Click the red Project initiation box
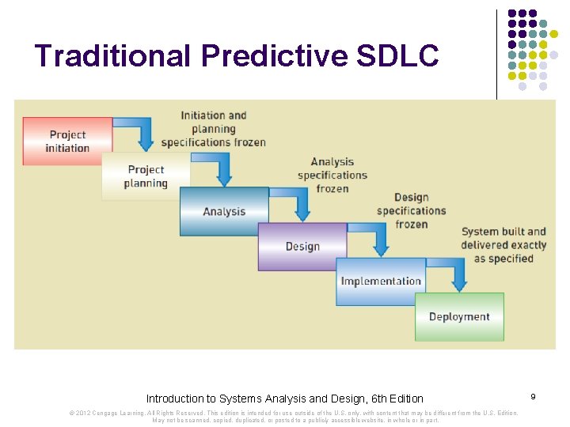(67, 142)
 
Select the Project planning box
(146, 176)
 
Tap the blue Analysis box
(224, 211)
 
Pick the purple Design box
(302, 247)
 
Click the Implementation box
(381, 282)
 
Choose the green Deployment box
(459, 317)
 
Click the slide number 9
(534, 395)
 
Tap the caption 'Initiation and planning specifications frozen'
(214, 129)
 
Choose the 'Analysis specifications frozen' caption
(332, 176)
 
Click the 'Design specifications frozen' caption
(411, 211)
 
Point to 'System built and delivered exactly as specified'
(503, 245)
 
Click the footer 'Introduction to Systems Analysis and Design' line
(285, 399)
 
